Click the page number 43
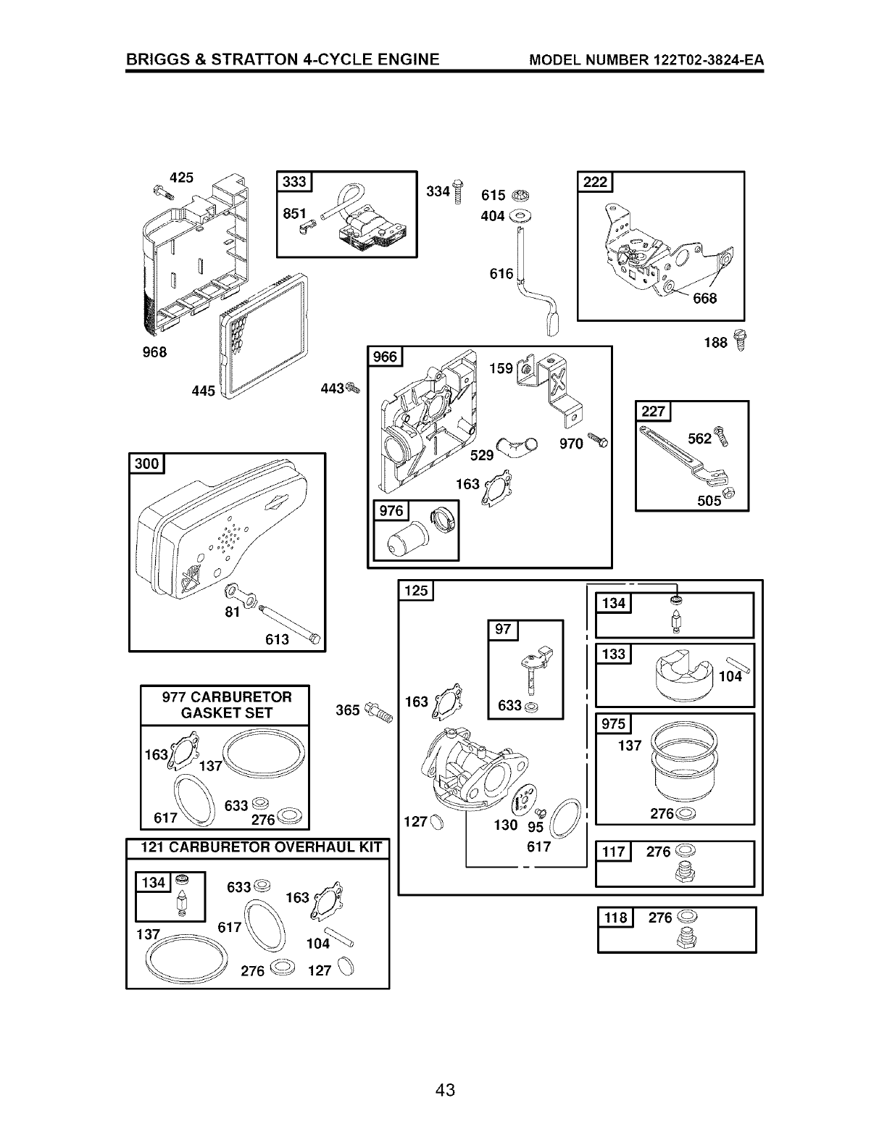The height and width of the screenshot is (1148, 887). point(445,1089)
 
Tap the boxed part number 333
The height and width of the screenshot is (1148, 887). point(293,182)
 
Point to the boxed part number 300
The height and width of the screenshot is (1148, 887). point(146,463)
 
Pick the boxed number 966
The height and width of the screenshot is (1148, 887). point(385,357)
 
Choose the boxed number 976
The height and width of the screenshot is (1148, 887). point(391,511)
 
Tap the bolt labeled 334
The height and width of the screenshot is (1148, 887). point(457,192)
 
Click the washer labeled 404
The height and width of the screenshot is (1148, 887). point(519,215)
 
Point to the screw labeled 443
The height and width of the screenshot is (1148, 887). point(353,388)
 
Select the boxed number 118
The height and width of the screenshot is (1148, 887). point(615,918)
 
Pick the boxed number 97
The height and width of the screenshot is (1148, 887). point(503,630)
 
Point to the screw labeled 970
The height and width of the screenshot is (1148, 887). point(599,441)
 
